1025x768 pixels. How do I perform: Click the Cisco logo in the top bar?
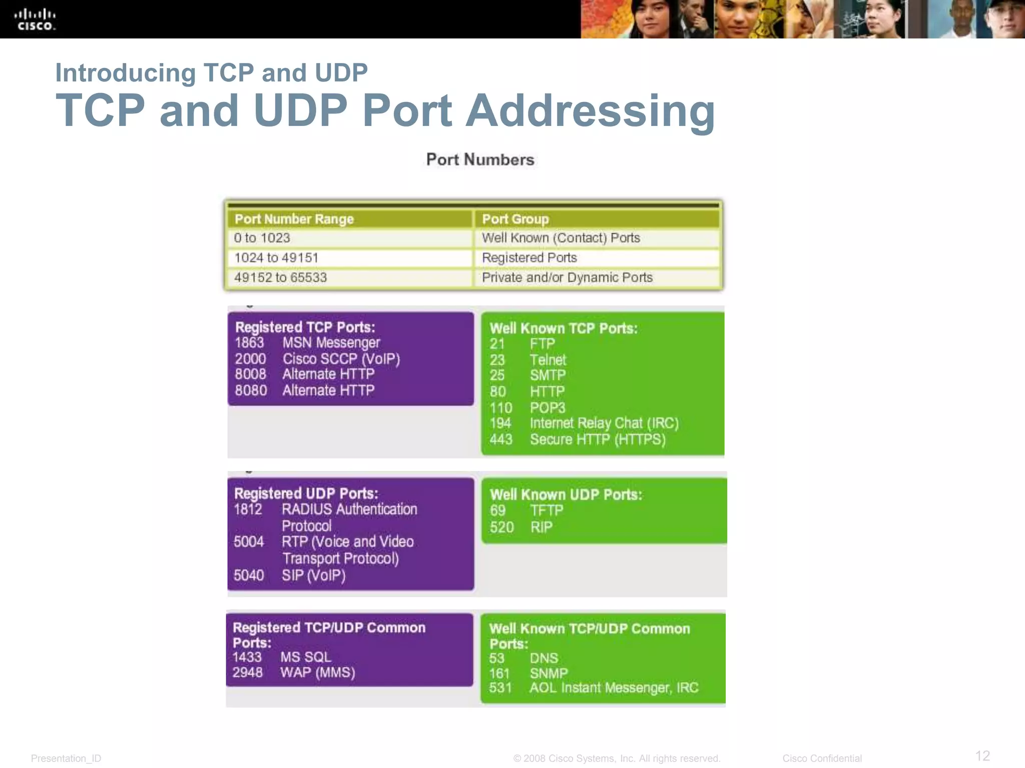click(35, 20)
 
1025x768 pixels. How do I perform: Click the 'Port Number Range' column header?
click(294, 219)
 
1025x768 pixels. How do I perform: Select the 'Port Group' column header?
click(516, 219)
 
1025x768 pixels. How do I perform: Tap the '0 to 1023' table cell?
click(262, 238)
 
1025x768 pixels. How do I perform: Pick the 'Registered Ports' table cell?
click(530, 257)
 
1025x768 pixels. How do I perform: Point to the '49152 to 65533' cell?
click(280, 277)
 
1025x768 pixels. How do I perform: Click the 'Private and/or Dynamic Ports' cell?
click(567, 277)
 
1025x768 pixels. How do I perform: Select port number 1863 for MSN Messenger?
click(249, 343)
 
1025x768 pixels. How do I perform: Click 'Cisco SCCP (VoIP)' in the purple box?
click(341, 359)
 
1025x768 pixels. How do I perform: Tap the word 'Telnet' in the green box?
click(548, 360)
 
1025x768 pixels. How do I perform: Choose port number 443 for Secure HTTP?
click(501, 439)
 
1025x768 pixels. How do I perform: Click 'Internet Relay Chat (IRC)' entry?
click(604, 423)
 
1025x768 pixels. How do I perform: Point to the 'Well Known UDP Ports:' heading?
click(566, 495)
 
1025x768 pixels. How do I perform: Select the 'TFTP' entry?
click(547, 510)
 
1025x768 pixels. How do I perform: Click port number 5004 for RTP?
click(249, 542)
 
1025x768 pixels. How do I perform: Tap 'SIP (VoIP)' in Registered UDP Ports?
click(314, 575)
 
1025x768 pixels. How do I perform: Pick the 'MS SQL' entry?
click(306, 657)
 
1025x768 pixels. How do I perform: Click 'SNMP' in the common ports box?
click(549, 673)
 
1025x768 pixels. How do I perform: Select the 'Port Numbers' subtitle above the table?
click(480, 159)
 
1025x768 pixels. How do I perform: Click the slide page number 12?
click(982, 755)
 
